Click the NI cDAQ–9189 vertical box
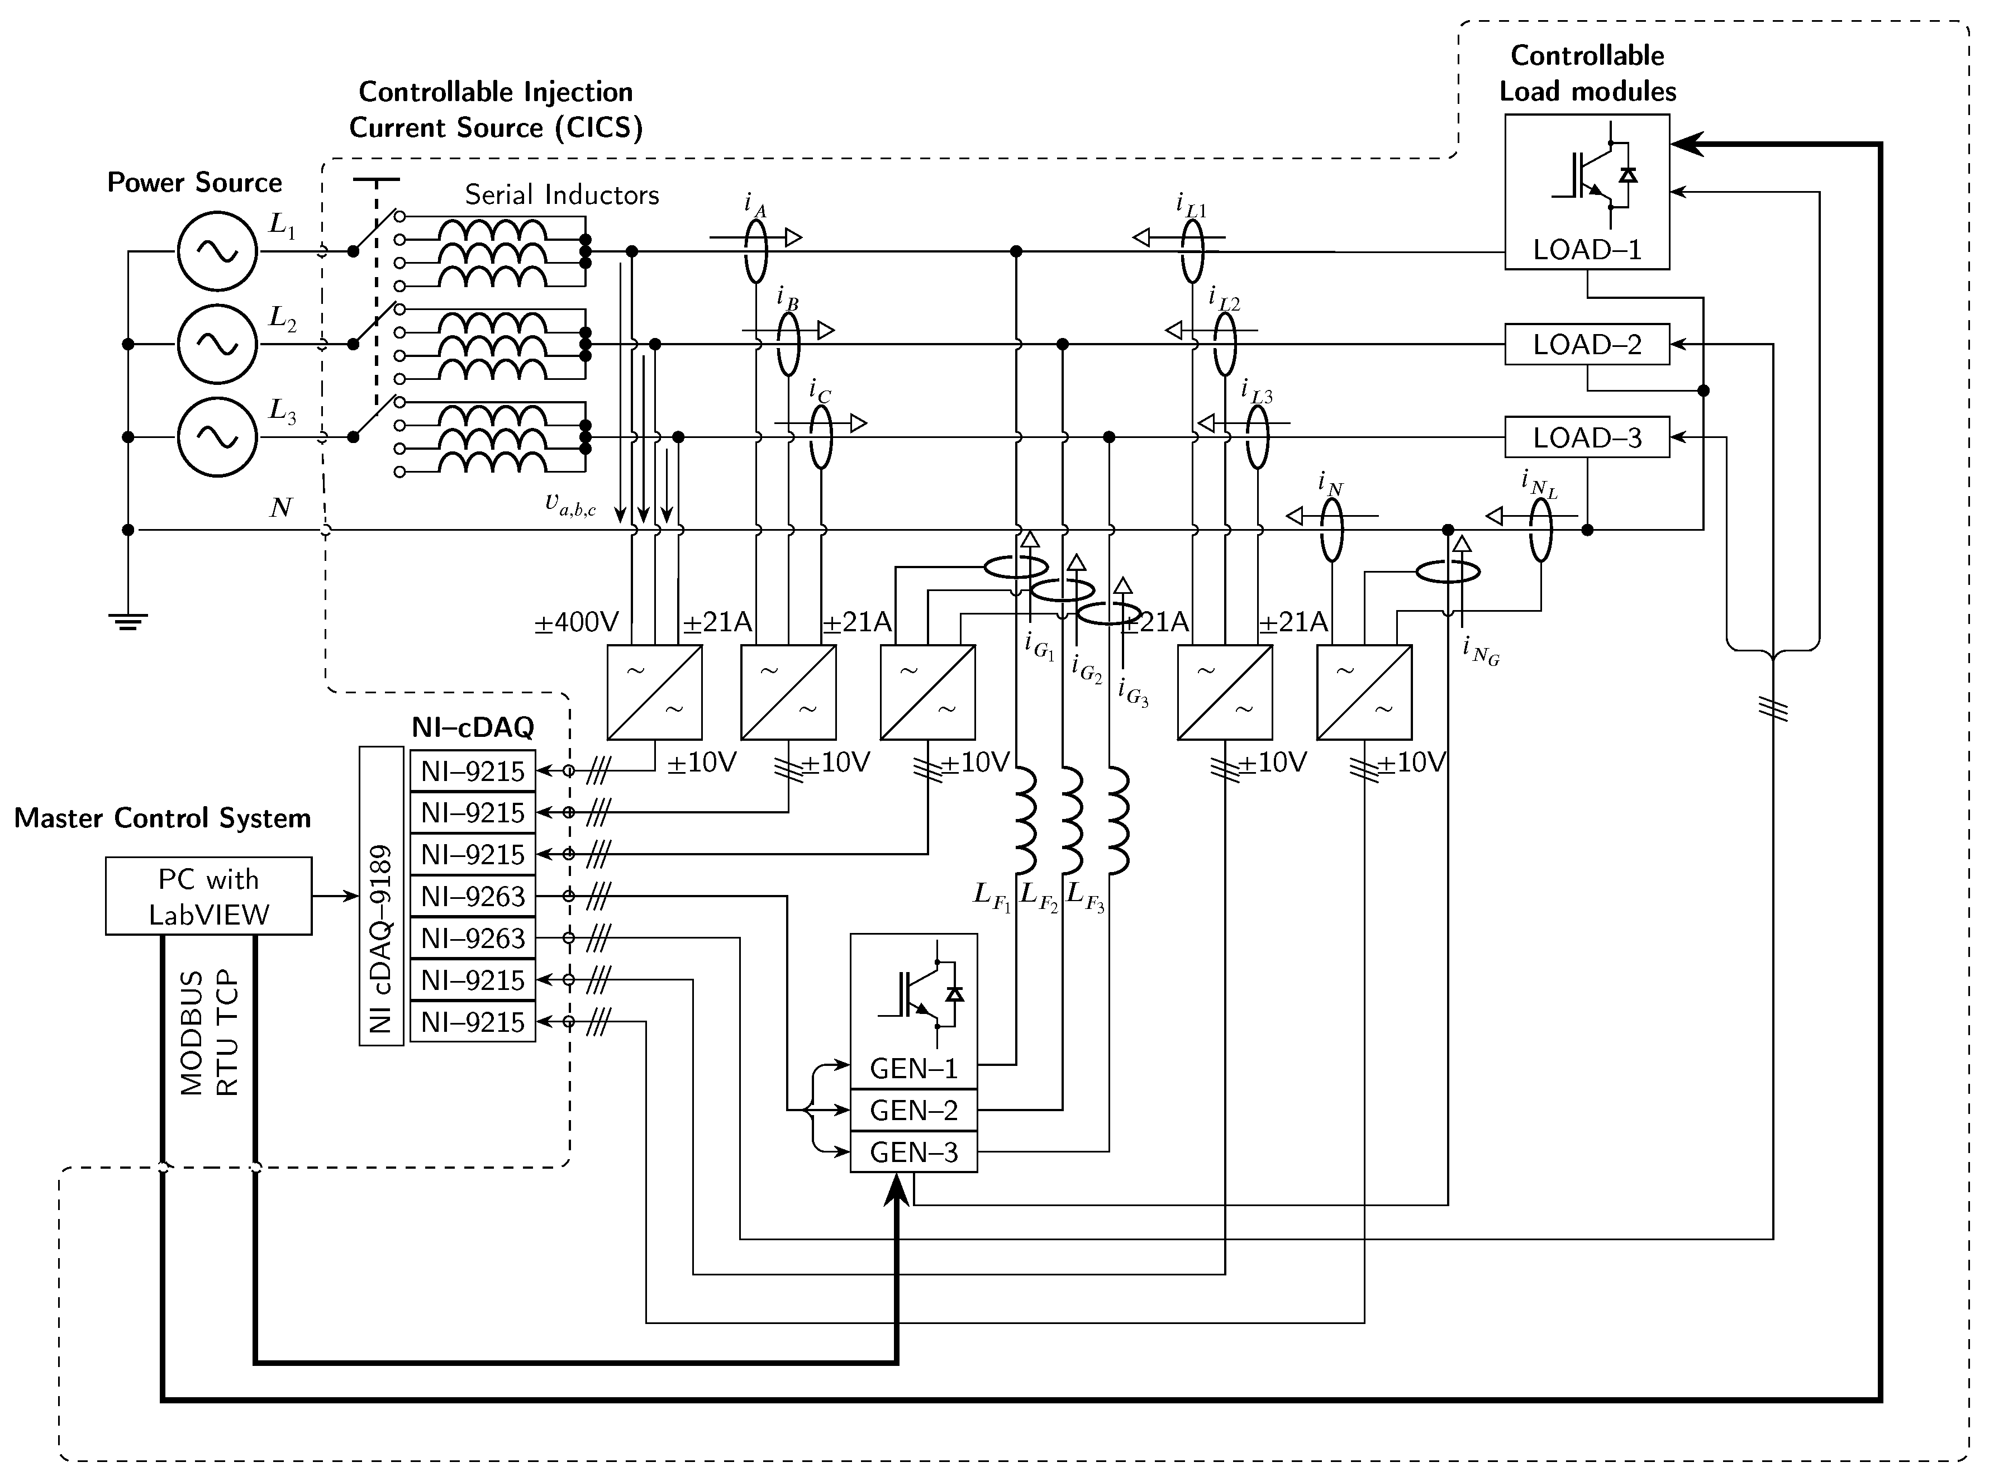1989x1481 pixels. (x=381, y=897)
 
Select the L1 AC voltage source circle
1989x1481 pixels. (x=217, y=251)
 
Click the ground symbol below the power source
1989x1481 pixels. (x=128, y=620)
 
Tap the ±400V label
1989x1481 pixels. (x=577, y=622)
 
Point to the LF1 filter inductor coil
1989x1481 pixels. (x=1025, y=820)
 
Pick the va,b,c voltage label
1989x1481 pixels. (x=570, y=504)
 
